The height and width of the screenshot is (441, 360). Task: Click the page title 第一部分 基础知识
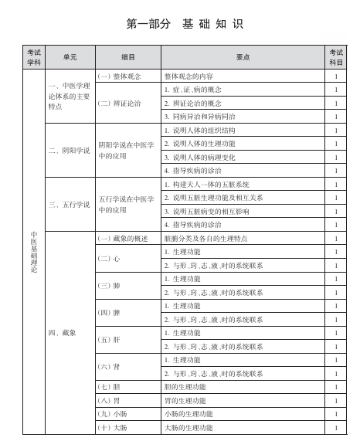click(184, 24)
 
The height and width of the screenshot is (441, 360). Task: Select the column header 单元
click(70, 57)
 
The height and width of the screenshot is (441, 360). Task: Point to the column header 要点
click(242, 57)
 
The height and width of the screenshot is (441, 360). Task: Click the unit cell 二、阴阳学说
click(70, 150)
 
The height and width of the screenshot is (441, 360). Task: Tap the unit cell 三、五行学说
click(70, 205)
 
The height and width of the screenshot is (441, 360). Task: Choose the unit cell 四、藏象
click(63, 332)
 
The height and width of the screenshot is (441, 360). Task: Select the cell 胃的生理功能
click(185, 399)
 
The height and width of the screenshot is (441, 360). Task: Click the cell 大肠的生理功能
click(188, 427)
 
